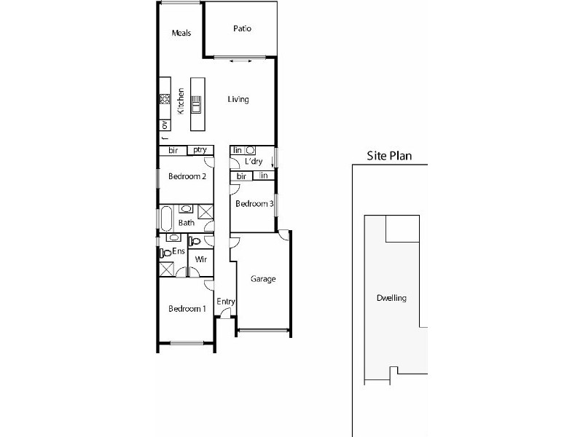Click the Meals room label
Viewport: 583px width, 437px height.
pos(181,33)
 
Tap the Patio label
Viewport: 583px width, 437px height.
pos(242,29)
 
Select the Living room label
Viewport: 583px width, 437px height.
pos(238,100)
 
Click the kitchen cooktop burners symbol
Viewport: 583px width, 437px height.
pos(165,99)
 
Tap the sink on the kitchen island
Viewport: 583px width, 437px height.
pos(195,104)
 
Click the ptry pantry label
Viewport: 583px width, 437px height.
pos(200,150)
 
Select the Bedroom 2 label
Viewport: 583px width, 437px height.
pos(187,176)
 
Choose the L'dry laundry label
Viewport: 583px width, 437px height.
pos(254,161)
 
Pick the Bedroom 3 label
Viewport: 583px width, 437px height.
pos(254,205)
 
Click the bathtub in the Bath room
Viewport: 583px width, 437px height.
pos(165,219)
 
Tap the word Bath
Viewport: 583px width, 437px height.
pos(187,224)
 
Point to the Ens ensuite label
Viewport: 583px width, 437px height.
pos(179,251)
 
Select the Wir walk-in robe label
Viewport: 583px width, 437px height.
pos(200,259)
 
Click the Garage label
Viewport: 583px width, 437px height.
pos(262,279)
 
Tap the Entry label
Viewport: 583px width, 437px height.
pos(226,301)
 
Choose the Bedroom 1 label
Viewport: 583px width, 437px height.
pos(187,309)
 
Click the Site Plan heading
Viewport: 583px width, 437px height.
pos(389,155)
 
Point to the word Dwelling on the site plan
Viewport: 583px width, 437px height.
pos(391,299)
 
